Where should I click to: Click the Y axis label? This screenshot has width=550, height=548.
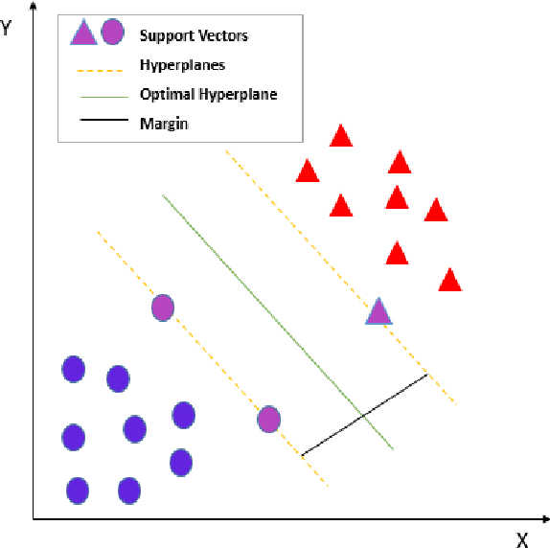[7, 28]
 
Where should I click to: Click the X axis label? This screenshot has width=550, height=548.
[522, 540]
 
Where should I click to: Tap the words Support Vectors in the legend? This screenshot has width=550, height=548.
[194, 36]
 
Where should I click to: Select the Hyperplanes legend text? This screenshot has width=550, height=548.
[183, 65]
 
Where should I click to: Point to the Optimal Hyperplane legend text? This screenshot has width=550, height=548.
[209, 94]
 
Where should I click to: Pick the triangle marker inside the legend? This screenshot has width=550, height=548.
[83, 35]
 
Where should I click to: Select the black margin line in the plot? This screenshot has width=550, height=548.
[364, 414]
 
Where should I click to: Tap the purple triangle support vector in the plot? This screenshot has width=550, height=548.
[379, 311]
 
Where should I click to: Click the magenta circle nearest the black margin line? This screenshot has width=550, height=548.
[269, 419]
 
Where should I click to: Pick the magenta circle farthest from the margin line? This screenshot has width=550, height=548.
[163, 308]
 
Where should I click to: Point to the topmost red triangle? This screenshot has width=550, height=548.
[341, 136]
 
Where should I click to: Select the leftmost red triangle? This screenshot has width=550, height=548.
[307, 171]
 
